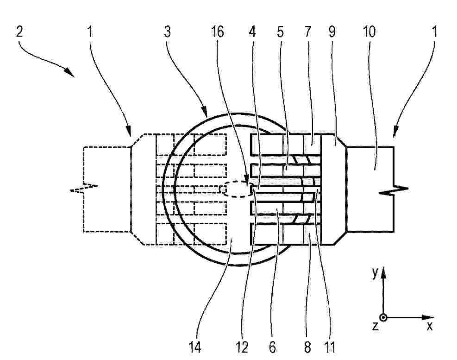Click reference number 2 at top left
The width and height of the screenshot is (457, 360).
[x=19, y=32]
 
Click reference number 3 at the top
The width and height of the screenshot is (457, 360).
[x=167, y=32]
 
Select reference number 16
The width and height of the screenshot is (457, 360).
[x=218, y=32]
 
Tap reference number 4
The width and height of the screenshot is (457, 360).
[x=252, y=32]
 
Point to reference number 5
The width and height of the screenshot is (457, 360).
[x=280, y=32]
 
